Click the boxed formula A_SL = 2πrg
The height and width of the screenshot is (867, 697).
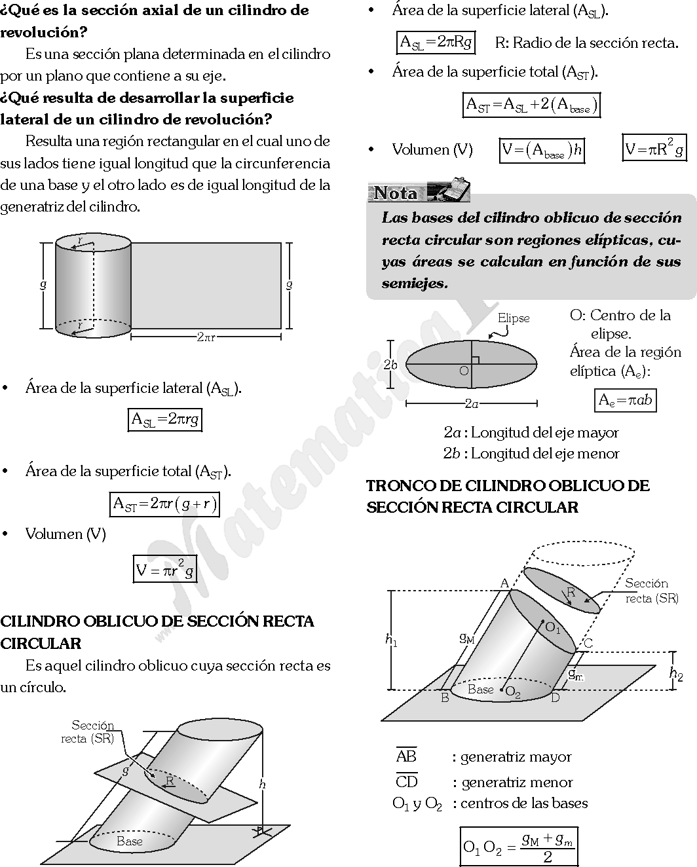coord(164,420)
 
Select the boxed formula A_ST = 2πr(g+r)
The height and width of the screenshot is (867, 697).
coord(164,504)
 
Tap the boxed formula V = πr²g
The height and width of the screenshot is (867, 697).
coord(165,569)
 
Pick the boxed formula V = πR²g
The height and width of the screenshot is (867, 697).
coord(654,149)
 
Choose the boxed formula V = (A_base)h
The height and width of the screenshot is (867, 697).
coord(541,151)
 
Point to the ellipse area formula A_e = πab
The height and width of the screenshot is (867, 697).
coord(626,400)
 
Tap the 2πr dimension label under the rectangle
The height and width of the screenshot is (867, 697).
coord(206,337)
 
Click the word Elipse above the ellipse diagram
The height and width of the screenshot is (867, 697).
coord(514,318)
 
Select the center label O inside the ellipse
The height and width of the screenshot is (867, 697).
coord(464,371)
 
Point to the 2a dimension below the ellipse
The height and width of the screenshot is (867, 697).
coord(471,404)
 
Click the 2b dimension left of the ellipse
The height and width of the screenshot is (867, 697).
coord(390,365)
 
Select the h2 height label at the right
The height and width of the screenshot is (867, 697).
coord(677,673)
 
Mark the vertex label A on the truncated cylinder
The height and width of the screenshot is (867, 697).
coord(504,583)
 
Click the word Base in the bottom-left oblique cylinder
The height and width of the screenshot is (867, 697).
coord(129,841)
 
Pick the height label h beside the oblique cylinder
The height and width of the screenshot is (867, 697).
coord(262,784)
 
